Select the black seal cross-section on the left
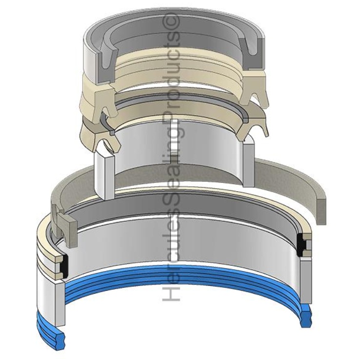pyautogui.click(x=64, y=266)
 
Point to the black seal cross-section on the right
pyautogui.click(x=300, y=245)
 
